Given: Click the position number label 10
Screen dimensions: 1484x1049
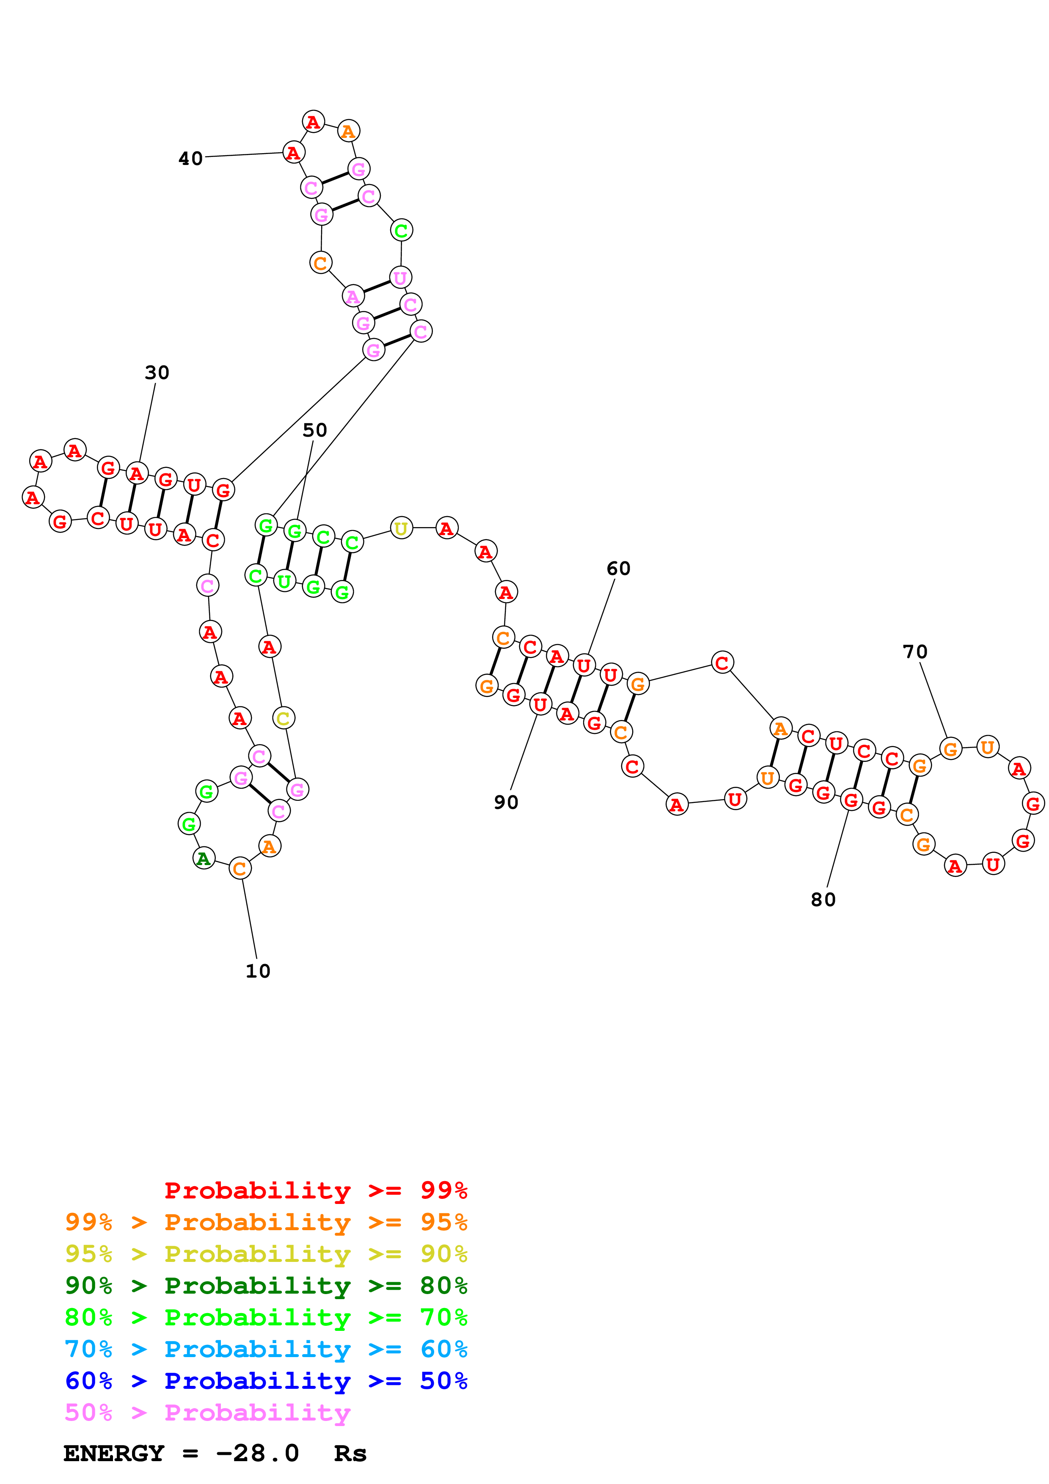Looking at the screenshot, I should pyautogui.click(x=258, y=971).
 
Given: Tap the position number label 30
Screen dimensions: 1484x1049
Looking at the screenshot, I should pyautogui.click(x=157, y=373).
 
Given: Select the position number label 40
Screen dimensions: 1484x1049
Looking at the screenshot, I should pyautogui.click(x=191, y=159).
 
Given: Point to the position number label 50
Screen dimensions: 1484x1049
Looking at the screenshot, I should pyautogui.click(x=315, y=431).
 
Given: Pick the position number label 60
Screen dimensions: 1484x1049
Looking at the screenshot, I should pyautogui.click(x=618, y=569).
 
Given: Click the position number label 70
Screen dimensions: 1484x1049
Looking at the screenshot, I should pyautogui.click(x=914, y=652).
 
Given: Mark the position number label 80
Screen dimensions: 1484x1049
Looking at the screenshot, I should pyautogui.click(x=823, y=900).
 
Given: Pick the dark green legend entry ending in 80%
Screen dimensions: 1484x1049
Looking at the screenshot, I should pyautogui.click(x=266, y=1286).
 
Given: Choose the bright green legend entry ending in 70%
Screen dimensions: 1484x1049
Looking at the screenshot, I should pyautogui.click(x=266, y=1317).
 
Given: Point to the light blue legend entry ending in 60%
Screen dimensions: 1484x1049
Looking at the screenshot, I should pyautogui.click(x=266, y=1349).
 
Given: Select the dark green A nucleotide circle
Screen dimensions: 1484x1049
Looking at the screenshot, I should pyautogui.click(x=204, y=858).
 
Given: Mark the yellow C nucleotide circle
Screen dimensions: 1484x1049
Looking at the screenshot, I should pyautogui.click(x=283, y=718).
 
